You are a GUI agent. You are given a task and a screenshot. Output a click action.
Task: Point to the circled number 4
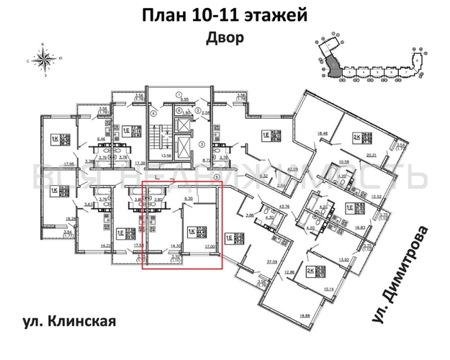tap(153, 113)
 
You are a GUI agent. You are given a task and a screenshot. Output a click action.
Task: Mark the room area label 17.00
tap(210, 246)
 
